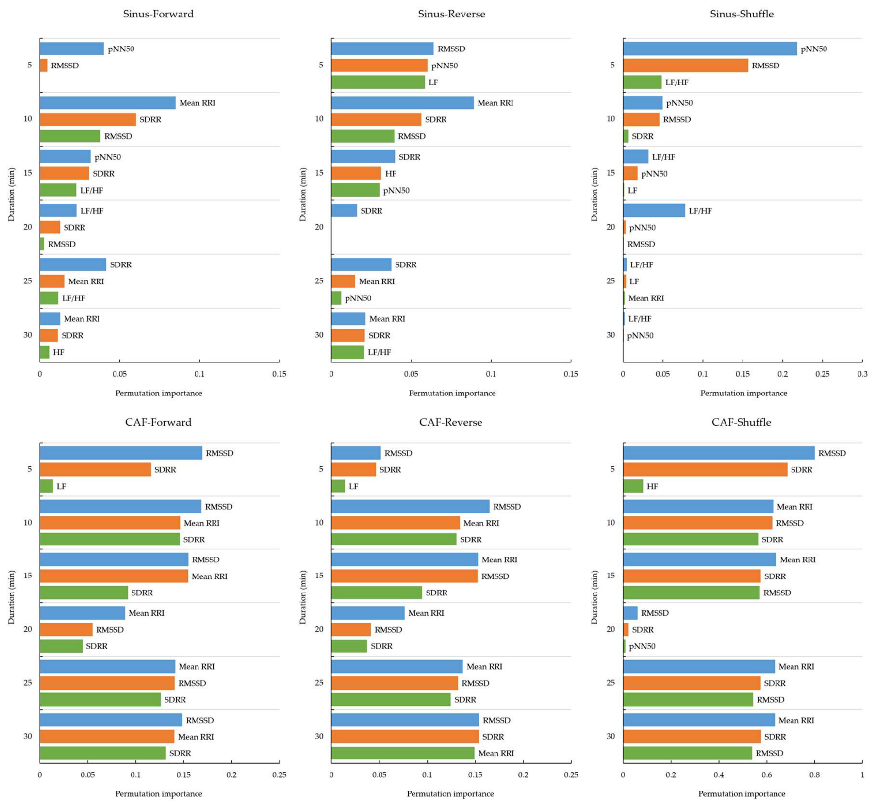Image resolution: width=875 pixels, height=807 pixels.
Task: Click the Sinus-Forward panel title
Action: point(158,14)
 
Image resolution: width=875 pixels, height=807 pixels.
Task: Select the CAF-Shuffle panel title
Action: point(741,422)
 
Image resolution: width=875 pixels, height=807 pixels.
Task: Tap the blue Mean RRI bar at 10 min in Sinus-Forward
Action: point(108,102)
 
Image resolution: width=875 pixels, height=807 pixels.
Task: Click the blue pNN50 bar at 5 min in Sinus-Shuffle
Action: point(710,49)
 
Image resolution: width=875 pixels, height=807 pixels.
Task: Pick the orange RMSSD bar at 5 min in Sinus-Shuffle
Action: point(686,66)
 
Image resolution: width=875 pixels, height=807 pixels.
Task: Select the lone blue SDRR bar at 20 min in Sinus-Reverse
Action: point(344,211)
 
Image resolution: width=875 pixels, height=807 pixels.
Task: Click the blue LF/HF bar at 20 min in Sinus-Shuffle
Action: point(654,211)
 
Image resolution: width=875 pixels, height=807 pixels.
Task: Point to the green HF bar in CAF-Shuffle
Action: point(633,486)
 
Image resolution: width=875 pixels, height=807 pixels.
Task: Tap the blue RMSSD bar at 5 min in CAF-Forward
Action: point(121,453)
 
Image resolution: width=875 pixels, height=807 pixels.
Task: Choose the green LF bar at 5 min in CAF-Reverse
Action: point(338,486)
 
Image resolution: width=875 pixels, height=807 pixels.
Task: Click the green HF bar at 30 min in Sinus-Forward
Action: point(45,352)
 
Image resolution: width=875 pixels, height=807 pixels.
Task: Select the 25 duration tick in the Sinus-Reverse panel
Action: point(319,281)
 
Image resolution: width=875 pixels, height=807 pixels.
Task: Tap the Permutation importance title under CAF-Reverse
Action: point(450,794)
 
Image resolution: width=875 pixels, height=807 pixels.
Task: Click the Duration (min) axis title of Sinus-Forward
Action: point(12,195)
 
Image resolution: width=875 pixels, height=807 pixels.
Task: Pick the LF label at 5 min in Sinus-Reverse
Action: point(433,82)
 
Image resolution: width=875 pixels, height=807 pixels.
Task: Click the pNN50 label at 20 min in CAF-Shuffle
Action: point(642,646)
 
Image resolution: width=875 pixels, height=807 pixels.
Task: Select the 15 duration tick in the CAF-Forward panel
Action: point(28,576)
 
